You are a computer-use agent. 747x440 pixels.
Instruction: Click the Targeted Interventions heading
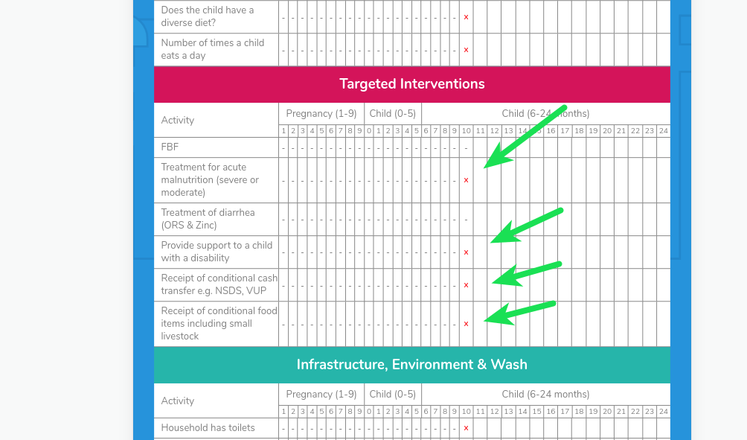(x=411, y=84)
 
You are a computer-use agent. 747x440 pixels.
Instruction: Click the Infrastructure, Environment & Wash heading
(x=411, y=365)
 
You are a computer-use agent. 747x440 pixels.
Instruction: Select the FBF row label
(x=170, y=147)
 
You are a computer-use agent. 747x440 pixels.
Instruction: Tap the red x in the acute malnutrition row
(x=466, y=180)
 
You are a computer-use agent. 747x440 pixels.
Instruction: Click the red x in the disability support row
(x=466, y=252)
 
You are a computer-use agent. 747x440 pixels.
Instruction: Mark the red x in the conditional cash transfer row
(x=466, y=285)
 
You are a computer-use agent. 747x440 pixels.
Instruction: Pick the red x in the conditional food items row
(x=466, y=324)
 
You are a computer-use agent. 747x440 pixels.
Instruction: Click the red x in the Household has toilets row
(x=466, y=428)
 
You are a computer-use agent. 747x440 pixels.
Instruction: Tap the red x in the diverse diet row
(x=466, y=17)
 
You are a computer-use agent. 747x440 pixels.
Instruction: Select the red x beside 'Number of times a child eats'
(x=466, y=50)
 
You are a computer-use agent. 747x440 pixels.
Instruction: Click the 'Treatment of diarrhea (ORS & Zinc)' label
(x=208, y=219)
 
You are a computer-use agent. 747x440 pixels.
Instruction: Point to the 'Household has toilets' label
(x=208, y=428)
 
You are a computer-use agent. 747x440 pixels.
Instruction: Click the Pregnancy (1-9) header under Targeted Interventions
(x=321, y=114)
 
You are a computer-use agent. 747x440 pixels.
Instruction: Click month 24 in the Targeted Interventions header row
(x=663, y=131)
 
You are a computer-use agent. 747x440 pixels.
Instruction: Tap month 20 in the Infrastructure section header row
(x=607, y=412)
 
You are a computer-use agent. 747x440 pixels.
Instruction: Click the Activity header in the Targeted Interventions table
(x=177, y=121)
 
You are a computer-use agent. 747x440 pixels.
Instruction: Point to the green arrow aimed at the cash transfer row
(x=527, y=273)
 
